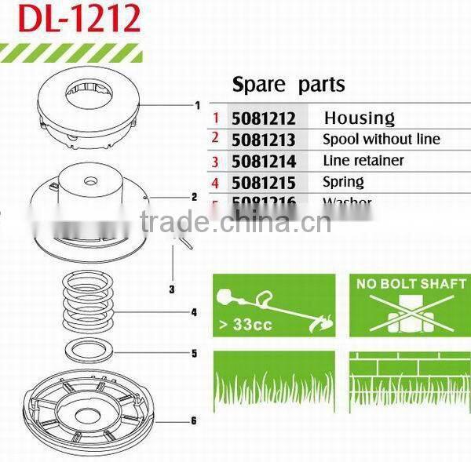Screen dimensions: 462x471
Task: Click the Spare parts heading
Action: click(x=289, y=85)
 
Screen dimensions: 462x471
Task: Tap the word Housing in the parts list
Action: click(x=359, y=118)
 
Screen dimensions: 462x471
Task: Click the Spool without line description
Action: click(x=382, y=140)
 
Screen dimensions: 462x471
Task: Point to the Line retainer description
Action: click(x=363, y=161)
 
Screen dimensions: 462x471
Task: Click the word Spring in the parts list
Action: click(x=344, y=182)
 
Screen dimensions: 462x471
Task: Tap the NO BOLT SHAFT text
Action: click(x=411, y=283)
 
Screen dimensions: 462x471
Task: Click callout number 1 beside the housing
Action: click(x=197, y=105)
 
